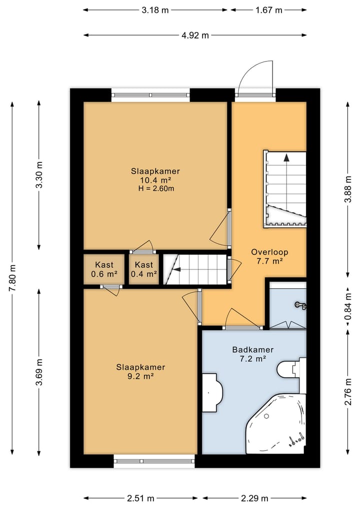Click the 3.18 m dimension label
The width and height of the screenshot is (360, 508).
155,10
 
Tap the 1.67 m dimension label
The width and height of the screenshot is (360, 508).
269,10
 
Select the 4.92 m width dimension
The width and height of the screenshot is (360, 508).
195,35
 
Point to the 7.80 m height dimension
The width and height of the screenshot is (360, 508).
12,278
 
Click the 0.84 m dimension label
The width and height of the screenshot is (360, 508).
348,306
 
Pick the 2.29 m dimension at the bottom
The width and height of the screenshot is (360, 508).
254,498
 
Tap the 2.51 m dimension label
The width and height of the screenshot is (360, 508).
140,498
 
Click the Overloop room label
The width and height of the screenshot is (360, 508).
269,252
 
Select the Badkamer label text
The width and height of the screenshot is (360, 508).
252,350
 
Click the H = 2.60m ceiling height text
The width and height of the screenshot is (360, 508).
156,188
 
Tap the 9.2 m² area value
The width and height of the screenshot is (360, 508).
140,376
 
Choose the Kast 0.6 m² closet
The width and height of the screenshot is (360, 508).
104,269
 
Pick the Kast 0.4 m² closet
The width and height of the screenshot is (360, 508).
144,269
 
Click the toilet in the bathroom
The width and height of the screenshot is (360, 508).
291,369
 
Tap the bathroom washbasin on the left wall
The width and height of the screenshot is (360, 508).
212,393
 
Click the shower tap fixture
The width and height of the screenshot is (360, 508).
300,305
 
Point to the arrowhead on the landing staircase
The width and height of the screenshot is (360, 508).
286,158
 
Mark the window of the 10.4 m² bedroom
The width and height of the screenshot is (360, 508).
151,95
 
